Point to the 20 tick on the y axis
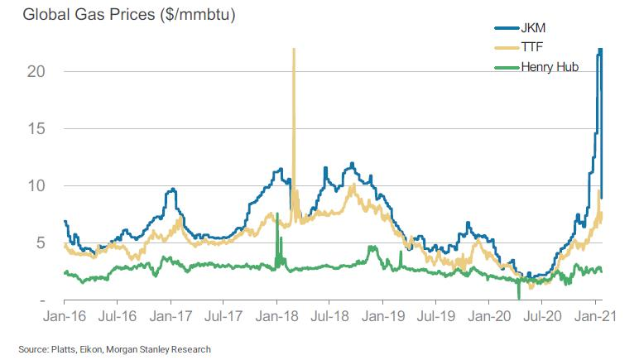coord(35,71)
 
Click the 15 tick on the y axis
coord(35,128)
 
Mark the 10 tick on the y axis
coord(35,185)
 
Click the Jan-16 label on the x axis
coord(65,315)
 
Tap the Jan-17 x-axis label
coord(171,315)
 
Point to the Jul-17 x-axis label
coord(223,315)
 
